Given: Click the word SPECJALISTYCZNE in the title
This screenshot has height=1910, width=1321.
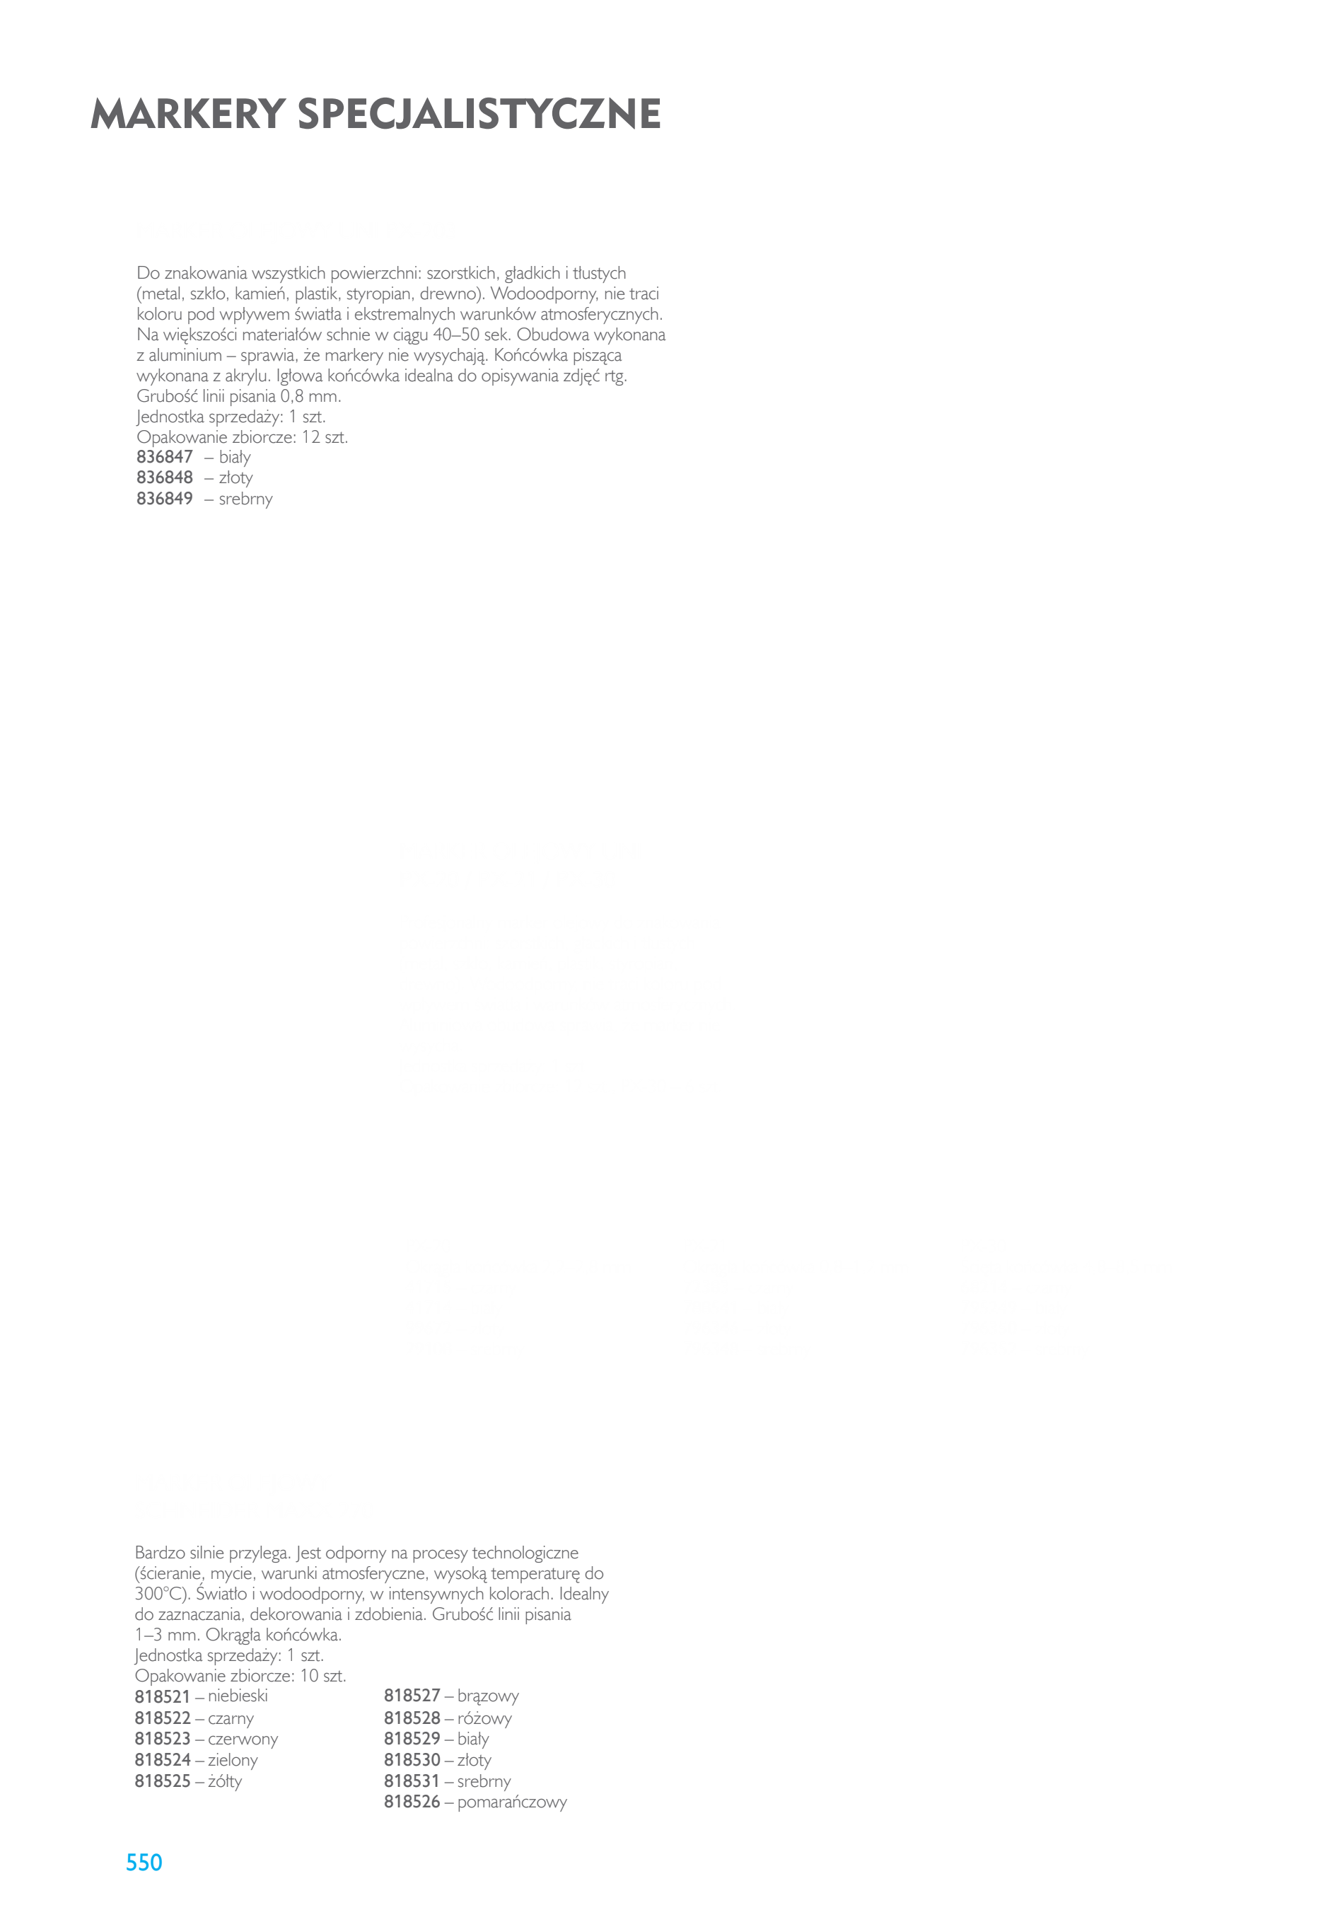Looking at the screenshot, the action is click(x=479, y=115).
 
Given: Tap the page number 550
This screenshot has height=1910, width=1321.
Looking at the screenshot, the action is click(x=144, y=1862).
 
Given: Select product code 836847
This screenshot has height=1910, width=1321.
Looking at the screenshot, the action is click(x=165, y=457).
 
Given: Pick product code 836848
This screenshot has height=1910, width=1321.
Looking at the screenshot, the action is click(x=165, y=477).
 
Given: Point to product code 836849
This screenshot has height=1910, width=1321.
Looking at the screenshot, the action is click(x=165, y=499).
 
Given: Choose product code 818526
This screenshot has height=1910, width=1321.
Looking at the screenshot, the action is click(x=412, y=1802).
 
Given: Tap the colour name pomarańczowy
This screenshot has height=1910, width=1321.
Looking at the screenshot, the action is click(x=512, y=1802).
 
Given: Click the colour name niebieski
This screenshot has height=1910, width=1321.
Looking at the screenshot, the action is click(x=238, y=1696).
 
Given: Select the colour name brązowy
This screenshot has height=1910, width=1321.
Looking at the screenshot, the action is click(x=489, y=1696).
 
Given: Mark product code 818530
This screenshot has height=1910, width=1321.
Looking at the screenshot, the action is click(x=412, y=1760).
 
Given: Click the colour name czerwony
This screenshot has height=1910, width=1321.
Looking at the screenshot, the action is click(x=243, y=1740).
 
